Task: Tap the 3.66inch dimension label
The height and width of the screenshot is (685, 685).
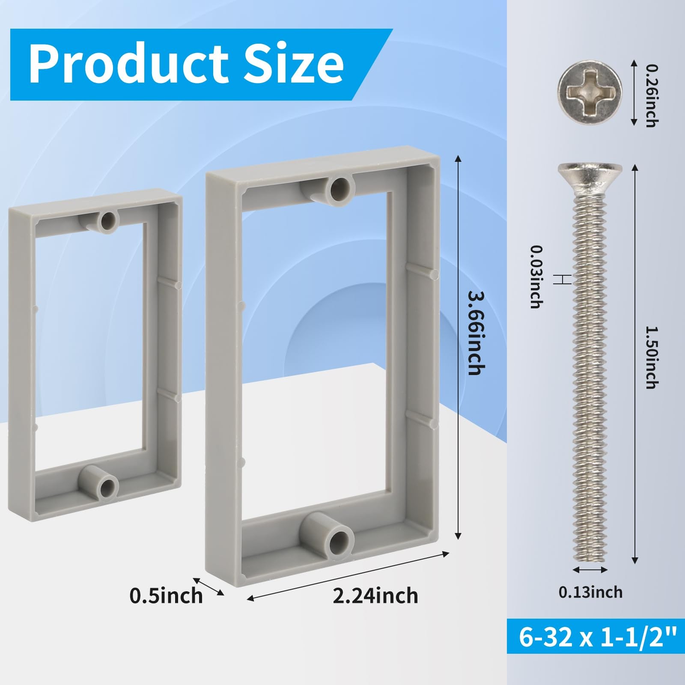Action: coord(476,333)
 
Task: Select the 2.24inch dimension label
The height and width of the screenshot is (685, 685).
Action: coord(375,596)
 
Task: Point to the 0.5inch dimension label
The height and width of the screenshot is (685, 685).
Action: coord(166,596)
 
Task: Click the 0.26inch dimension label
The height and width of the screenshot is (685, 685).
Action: coord(651,96)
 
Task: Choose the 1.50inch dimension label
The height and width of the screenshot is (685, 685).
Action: coord(651,357)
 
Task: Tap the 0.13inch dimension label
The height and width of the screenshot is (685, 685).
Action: coord(590,592)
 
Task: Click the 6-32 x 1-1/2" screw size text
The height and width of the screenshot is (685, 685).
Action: coord(596,637)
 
